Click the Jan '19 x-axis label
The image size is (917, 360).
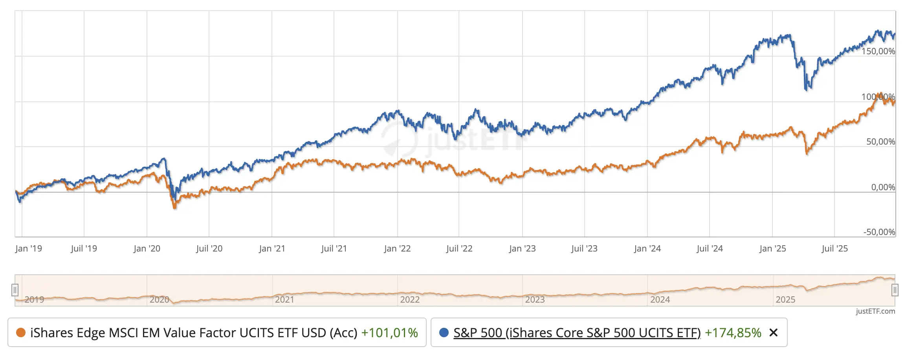click(29, 249)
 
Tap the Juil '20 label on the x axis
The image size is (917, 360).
click(209, 249)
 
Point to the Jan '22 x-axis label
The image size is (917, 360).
click(397, 249)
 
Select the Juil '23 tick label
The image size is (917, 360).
click(584, 249)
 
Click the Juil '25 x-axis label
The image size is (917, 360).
click(835, 249)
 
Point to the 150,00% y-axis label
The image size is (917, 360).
click(878, 51)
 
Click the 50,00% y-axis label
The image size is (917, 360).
click(880, 142)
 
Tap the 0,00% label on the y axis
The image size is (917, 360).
click(883, 187)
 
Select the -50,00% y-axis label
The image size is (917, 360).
click(879, 232)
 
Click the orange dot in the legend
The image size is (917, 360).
click(21, 333)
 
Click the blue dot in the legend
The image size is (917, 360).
click(444, 333)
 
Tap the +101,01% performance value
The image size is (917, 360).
click(389, 333)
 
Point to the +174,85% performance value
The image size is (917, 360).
click(733, 333)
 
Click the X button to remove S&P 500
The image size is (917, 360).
click(774, 333)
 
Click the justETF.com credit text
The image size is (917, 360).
click(875, 311)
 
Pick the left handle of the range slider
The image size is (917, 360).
click(15, 290)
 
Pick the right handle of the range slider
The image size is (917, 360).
click(895, 290)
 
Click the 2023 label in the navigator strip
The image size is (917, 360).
click(535, 300)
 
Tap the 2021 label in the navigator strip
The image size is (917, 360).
click(284, 300)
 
